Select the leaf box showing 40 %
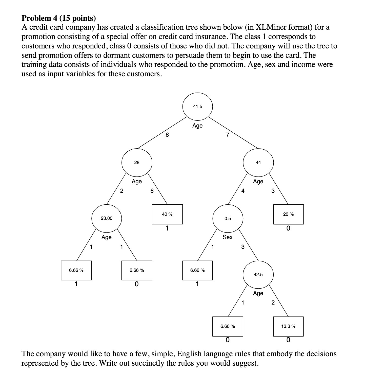pyautogui.click(x=167, y=214)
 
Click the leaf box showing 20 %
pyautogui.click(x=288, y=214)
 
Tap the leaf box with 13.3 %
pyautogui.click(x=288, y=326)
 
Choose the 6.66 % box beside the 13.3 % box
pyautogui.click(x=228, y=326)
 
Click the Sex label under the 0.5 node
pyautogui.click(x=228, y=237)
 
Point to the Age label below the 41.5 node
pyautogui.click(x=197, y=126)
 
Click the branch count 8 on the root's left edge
pyautogui.click(x=167, y=135)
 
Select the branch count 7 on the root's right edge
pyautogui.click(x=228, y=135)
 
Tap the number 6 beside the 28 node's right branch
pyautogui.click(x=152, y=191)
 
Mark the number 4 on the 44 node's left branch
pyautogui.click(x=243, y=191)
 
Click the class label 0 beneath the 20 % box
pyautogui.click(x=288, y=228)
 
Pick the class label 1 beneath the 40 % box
pyautogui.click(x=167, y=228)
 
